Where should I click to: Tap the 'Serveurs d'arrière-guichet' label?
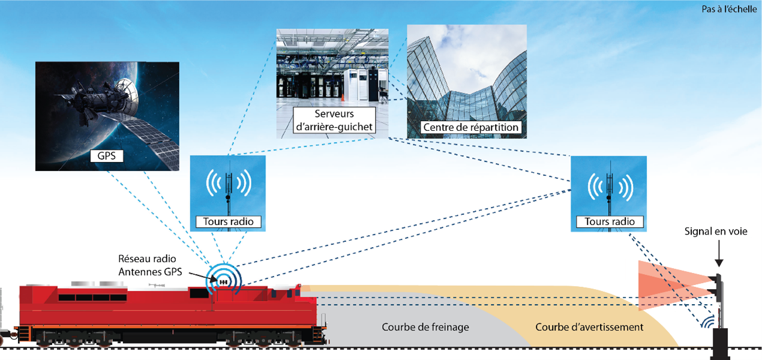(334, 121)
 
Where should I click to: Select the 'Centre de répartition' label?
(470, 128)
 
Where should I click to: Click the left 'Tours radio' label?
(228, 221)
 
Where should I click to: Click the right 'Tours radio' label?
(610, 221)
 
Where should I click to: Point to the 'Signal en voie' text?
(716, 231)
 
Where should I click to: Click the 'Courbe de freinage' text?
(425, 327)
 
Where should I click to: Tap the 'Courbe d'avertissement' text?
(589, 327)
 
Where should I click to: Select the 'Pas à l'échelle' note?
(729, 9)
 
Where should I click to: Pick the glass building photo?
(467, 72)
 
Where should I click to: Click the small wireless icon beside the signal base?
(710, 321)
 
